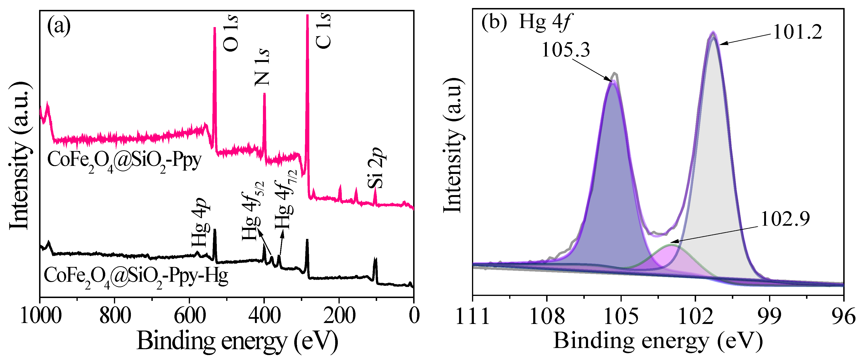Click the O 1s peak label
point(231,33)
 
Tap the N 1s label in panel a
point(262,67)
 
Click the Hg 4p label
point(200,223)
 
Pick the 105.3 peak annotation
point(565,50)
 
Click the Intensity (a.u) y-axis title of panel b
point(453,146)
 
